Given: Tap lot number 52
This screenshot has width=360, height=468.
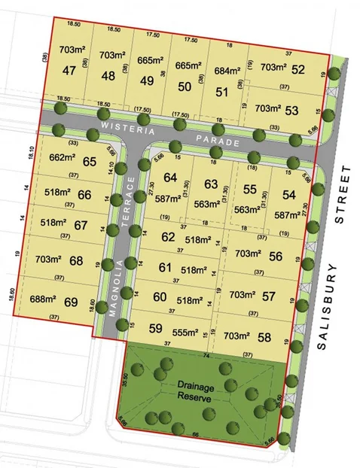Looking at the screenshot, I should pyautogui.click(x=297, y=70).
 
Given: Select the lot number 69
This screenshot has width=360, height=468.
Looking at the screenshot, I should pyautogui.click(x=71, y=302).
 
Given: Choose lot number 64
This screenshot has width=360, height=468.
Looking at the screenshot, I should pyautogui.click(x=171, y=178).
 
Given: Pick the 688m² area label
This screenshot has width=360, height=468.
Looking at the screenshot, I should pyautogui.click(x=44, y=299).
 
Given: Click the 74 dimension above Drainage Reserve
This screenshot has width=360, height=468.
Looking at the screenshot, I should pyautogui.click(x=205, y=354).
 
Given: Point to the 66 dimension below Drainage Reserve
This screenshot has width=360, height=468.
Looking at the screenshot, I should pyautogui.click(x=198, y=436).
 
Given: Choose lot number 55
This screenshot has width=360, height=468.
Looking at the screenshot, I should pyautogui.click(x=250, y=191).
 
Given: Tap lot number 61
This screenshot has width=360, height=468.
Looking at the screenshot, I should pyautogui.click(x=167, y=267).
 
